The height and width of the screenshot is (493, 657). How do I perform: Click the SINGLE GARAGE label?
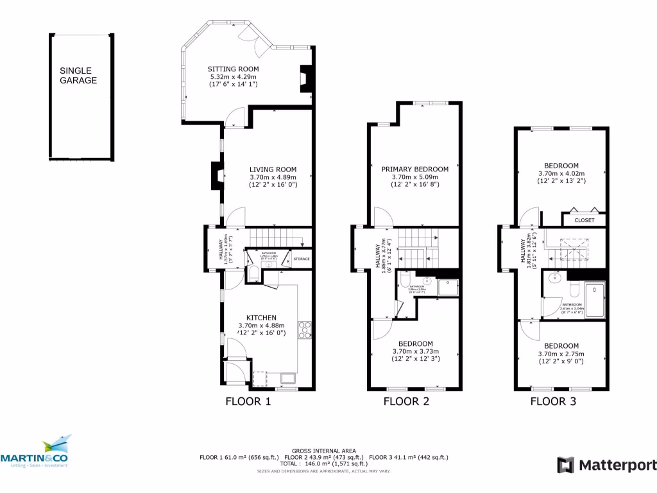[78, 76]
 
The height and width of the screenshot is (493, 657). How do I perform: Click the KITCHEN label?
[261, 318]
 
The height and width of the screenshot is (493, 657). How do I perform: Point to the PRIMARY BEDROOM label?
[415, 169]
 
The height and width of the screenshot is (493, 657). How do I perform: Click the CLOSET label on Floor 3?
[584, 220]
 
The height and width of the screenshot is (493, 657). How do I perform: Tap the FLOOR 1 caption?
[248, 402]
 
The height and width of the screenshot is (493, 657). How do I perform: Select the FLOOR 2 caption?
[406, 402]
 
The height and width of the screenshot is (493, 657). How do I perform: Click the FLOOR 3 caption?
[552, 402]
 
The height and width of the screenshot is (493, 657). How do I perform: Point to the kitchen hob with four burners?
[305, 329]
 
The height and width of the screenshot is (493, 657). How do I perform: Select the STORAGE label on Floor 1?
[301, 259]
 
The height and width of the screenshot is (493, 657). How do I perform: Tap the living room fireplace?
[217, 175]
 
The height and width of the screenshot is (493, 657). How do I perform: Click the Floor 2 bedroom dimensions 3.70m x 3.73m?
[415, 351]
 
